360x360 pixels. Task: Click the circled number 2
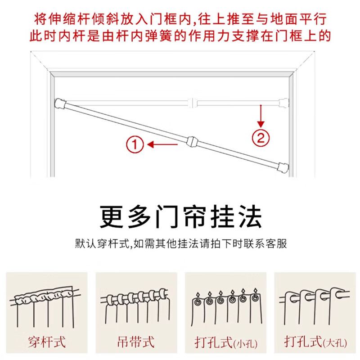click(261, 137)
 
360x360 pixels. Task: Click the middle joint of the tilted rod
click(191, 142)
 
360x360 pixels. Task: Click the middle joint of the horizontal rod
click(193, 101)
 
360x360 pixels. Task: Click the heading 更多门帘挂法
click(180, 217)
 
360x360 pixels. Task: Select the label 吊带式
click(135, 341)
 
